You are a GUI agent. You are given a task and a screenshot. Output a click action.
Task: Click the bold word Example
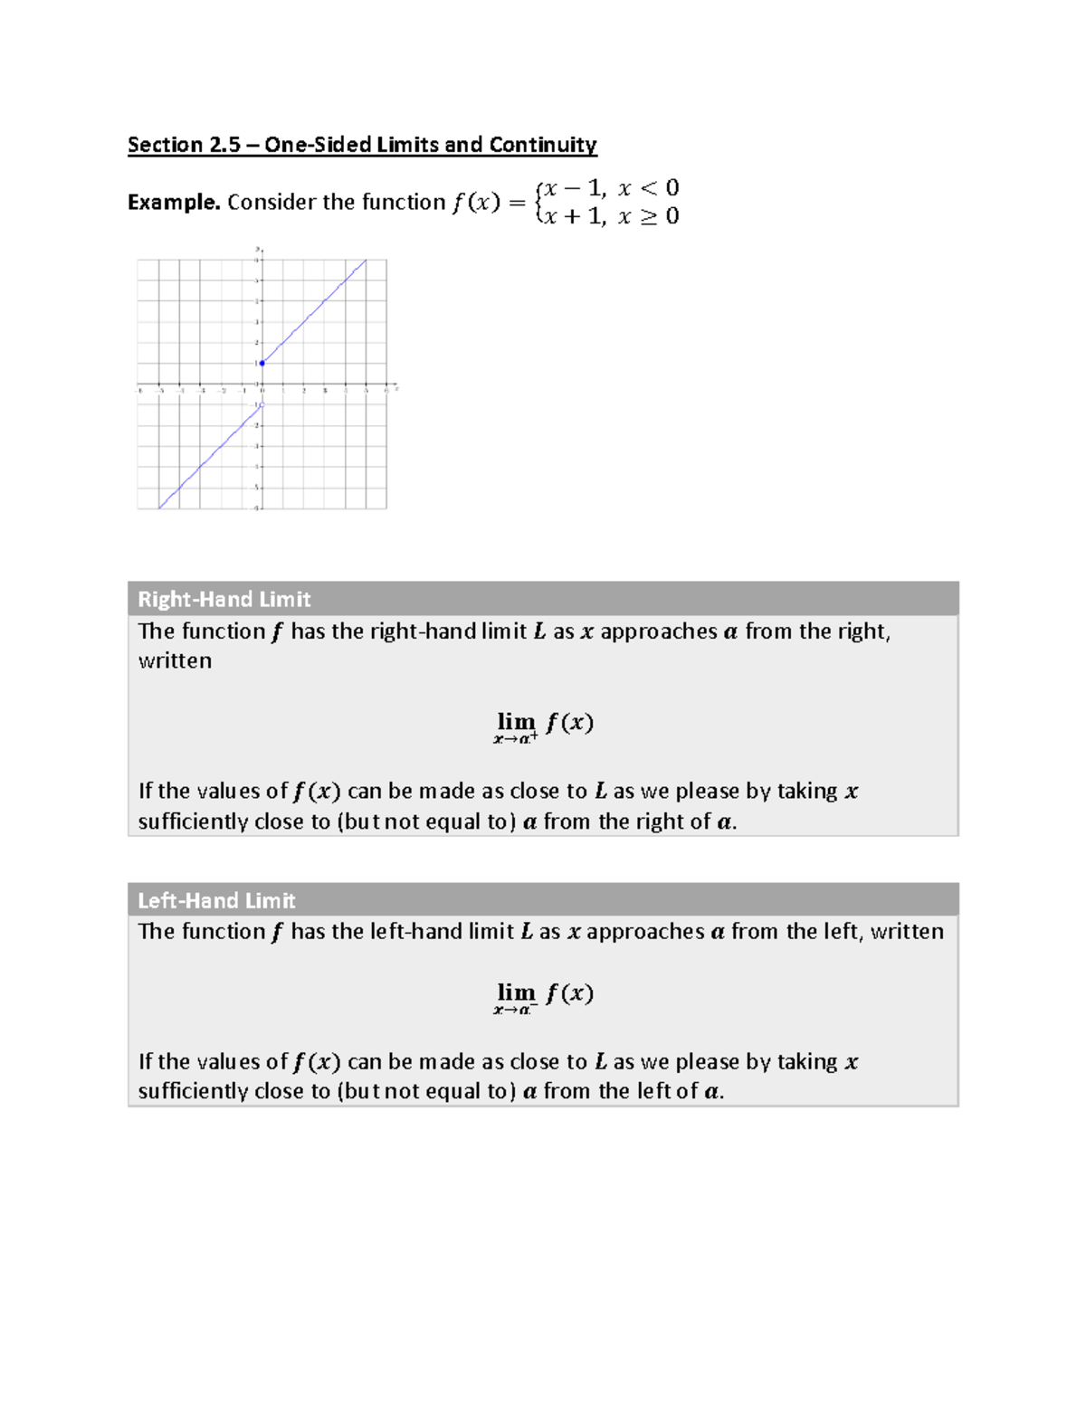pyautogui.click(x=174, y=202)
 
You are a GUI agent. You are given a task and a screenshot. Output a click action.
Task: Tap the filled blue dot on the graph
pyautogui.click(x=262, y=363)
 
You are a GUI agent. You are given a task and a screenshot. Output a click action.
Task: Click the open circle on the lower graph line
pyautogui.click(x=262, y=405)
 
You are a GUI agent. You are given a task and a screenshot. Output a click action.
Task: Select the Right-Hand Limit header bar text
pyautogui.click(x=224, y=599)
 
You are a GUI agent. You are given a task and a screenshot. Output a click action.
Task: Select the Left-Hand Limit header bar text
pyautogui.click(x=216, y=900)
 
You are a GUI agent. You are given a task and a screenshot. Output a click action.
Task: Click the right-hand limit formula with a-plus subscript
pyautogui.click(x=543, y=726)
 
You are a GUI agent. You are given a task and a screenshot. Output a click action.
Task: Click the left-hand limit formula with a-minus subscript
pyautogui.click(x=543, y=996)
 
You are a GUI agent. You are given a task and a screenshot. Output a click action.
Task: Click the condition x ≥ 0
pyautogui.click(x=648, y=216)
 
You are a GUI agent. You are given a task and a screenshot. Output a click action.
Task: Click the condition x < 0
pyautogui.click(x=648, y=188)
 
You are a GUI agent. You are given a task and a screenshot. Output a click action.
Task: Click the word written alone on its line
pyautogui.click(x=175, y=660)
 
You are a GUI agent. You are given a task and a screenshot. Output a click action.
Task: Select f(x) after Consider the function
pyautogui.click(x=476, y=202)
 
